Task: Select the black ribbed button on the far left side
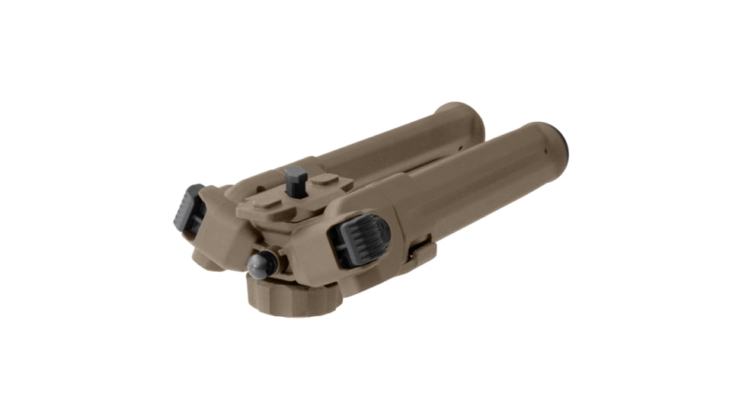tap(187, 208)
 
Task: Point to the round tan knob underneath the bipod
tap(291, 295)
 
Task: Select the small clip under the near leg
tap(421, 252)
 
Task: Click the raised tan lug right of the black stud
tap(326, 180)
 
